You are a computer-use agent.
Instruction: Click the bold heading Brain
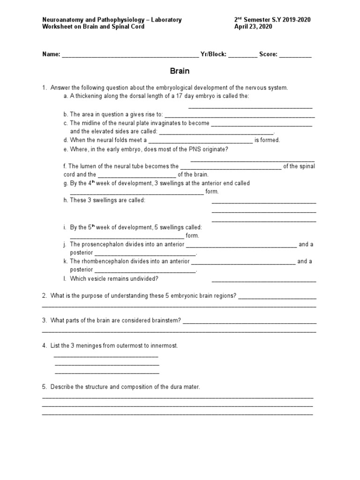click(180, 71)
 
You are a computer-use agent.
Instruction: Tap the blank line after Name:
click(130, 55)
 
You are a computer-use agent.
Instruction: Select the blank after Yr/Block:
click(243, 55)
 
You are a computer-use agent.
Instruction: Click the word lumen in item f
click(87, 166)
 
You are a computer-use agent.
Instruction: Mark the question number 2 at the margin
click(44, 296)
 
